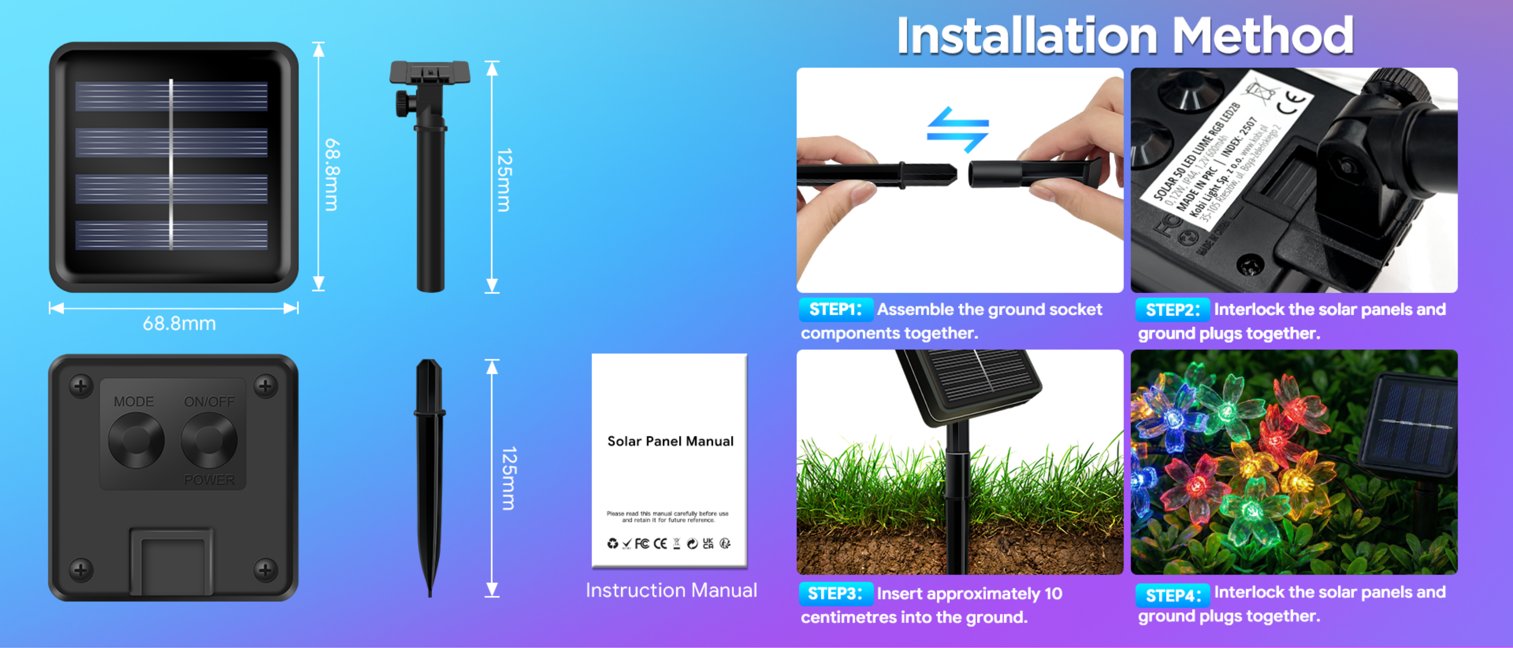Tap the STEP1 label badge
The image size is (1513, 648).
[835, 309]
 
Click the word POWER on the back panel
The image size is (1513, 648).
[209, 480]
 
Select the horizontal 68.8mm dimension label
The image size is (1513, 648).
[179, 324]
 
